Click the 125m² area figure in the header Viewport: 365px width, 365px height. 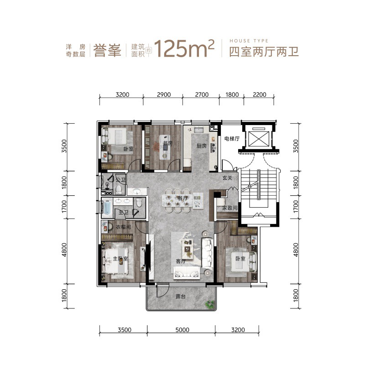pyautogui.click(x=184, y=48)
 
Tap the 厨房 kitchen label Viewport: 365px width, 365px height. pyautogui.click(x=202, y=146)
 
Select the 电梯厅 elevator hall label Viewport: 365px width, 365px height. pyautogui.click(x=232, y=139)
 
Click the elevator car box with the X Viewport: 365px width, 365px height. pyautogui.click(x=259, y=139)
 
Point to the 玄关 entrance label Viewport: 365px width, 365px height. pyautogui.click(x=227, y=178)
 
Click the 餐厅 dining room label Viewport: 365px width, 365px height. pyautogui.click(x=183, y=198)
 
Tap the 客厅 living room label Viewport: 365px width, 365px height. pyautogui.click(x=181, y=261)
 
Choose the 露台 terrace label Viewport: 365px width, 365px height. pyautogui.click(x=181, y=297)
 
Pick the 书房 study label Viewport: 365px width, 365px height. pyautogui.click(x=167, y=143)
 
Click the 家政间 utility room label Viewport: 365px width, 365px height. pyautogui.click(x=230, y=208)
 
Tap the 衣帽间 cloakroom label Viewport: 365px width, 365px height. pyautogui.click(x=123, y=227)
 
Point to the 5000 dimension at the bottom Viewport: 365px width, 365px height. pyautogui.click(x=182, y=330)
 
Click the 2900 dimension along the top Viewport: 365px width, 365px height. pyautogui.click(x=164, y=95)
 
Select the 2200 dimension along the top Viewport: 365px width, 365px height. pyautogui.click(x=259, y=95)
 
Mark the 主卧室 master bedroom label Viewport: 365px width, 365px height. pyautogui.click(x=120, y=259)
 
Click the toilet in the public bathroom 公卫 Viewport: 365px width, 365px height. pyautogui.click(x=119, y=190)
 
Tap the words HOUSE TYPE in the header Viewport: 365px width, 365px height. pyautogui.click(x=249, y=41)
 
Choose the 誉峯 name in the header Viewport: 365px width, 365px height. pyautogui.click(x=107, y=51)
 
